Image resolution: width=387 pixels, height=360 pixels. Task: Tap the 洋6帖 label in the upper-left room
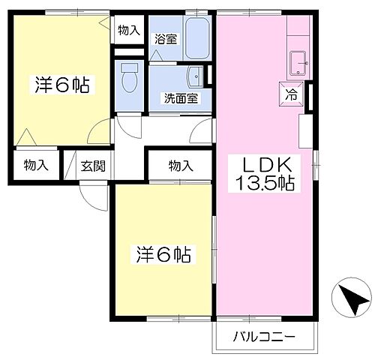(60, 85)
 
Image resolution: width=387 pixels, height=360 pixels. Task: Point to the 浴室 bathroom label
(166, 40)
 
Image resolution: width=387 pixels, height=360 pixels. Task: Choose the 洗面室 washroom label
(181, 98)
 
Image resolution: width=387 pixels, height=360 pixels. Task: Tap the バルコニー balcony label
(263, 335)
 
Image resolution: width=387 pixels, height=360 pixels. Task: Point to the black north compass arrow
(352, 298)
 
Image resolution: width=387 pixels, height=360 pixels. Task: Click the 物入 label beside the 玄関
(36, 166)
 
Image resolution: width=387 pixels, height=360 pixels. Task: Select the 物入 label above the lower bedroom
(180, 166)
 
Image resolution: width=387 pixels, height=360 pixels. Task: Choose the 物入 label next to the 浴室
(128, 31)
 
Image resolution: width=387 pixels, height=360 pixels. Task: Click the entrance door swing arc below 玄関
(94, 196)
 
